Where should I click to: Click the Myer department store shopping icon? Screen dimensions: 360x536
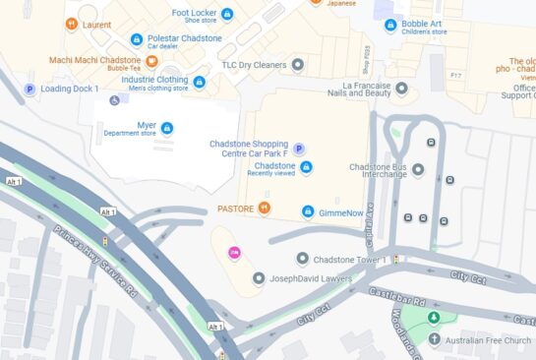point(167,128)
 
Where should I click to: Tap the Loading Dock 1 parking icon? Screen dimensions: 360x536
point(30,89)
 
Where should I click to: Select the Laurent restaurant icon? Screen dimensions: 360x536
point(71,24)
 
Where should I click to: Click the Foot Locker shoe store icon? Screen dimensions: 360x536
point(227,14)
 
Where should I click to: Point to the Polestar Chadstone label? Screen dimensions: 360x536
point(183,38)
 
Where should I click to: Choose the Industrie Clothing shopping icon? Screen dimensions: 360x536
point(200,82)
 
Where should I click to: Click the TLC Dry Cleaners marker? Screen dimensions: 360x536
point(298,65)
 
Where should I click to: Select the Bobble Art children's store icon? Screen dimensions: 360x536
point(390,25)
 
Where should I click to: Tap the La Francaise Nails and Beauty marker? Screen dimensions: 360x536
point(400,90)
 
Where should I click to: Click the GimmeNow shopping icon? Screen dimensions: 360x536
point(308,211)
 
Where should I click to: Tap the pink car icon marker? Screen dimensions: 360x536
point(234,253)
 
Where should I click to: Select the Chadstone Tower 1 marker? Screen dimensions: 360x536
point(303,259)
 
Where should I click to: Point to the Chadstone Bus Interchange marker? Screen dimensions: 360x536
point(418,170)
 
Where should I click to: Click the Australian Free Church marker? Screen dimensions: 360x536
point(435,339)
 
